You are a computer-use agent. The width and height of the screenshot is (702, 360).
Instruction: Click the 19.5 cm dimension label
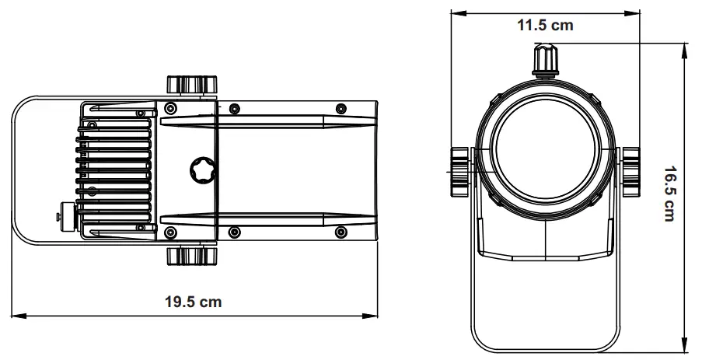pos(193,302)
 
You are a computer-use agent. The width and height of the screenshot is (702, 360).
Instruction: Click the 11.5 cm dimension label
pos(545,25)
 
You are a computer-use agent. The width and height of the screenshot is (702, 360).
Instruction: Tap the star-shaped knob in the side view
pos(204,169)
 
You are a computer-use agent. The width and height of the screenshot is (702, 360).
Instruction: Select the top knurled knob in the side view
pos(190,84)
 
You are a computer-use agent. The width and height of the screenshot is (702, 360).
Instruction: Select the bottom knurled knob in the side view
pos(190,256)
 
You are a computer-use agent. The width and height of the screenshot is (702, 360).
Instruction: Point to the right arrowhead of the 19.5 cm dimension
pos(374,315)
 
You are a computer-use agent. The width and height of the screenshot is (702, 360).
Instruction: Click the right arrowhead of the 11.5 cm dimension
pos(636,12)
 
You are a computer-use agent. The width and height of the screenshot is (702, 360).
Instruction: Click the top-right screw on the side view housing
pos(339,107)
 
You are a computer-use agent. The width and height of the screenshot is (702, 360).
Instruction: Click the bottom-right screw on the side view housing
pos(339,232)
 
